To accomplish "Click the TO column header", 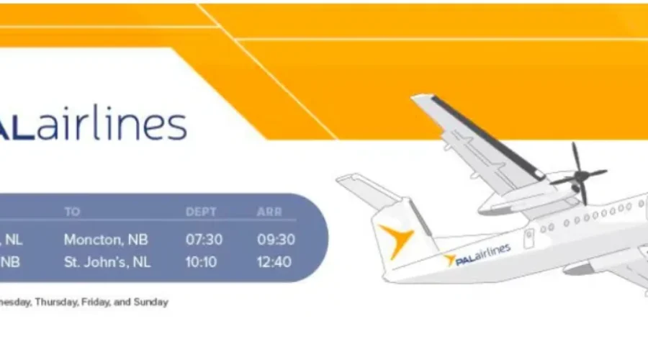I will pos(72,212).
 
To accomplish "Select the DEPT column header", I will pos(202,212).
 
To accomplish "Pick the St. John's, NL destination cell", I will pos(107,262).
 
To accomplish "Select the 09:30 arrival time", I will pos(276,240).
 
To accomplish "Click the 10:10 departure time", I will pos(201,262).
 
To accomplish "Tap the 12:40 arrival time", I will pos(276,262).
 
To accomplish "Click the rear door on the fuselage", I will pos(529,238).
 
